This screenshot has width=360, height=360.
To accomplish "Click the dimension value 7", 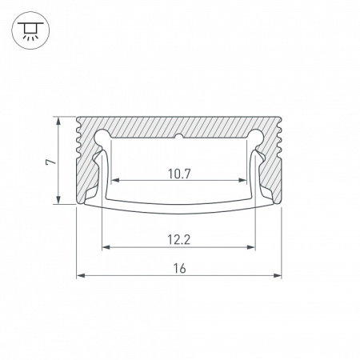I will pos(49,162).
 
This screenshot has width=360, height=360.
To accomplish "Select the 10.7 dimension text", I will pos(180,173).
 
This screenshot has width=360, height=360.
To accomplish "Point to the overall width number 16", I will pos(179,269).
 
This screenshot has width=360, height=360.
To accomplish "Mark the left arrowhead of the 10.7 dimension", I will pos(112,181).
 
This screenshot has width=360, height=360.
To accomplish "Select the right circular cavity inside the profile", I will pos(256,137).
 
